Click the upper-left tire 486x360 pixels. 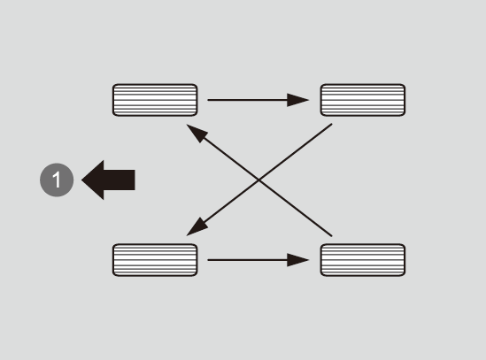click(155, 100)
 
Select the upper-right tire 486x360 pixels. click(363, 100)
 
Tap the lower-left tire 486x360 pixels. click(155, 260)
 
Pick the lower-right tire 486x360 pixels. click(363, 260)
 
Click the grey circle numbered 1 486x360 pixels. click(57, 180)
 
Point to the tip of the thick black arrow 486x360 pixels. click(81, 180)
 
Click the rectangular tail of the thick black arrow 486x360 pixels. click(120, 180)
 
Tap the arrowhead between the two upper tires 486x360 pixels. click(297, 100)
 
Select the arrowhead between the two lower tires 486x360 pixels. click(297, 260)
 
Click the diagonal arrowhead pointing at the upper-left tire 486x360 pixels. click(196, 132)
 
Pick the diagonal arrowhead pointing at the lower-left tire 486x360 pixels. click(196, 228)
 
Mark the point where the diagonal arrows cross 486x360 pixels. click(258, 180)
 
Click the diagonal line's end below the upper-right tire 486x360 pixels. click(332, 124)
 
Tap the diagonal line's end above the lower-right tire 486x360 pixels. click(332, 236)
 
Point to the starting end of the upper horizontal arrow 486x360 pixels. click(208, 100)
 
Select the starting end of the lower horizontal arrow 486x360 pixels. click(208, 260)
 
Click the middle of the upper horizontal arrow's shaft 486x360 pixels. click(247, 100)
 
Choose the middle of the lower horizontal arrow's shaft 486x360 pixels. click(247, 260)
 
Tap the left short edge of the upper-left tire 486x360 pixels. click(113, 100)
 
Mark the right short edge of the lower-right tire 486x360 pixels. click(405, 260)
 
